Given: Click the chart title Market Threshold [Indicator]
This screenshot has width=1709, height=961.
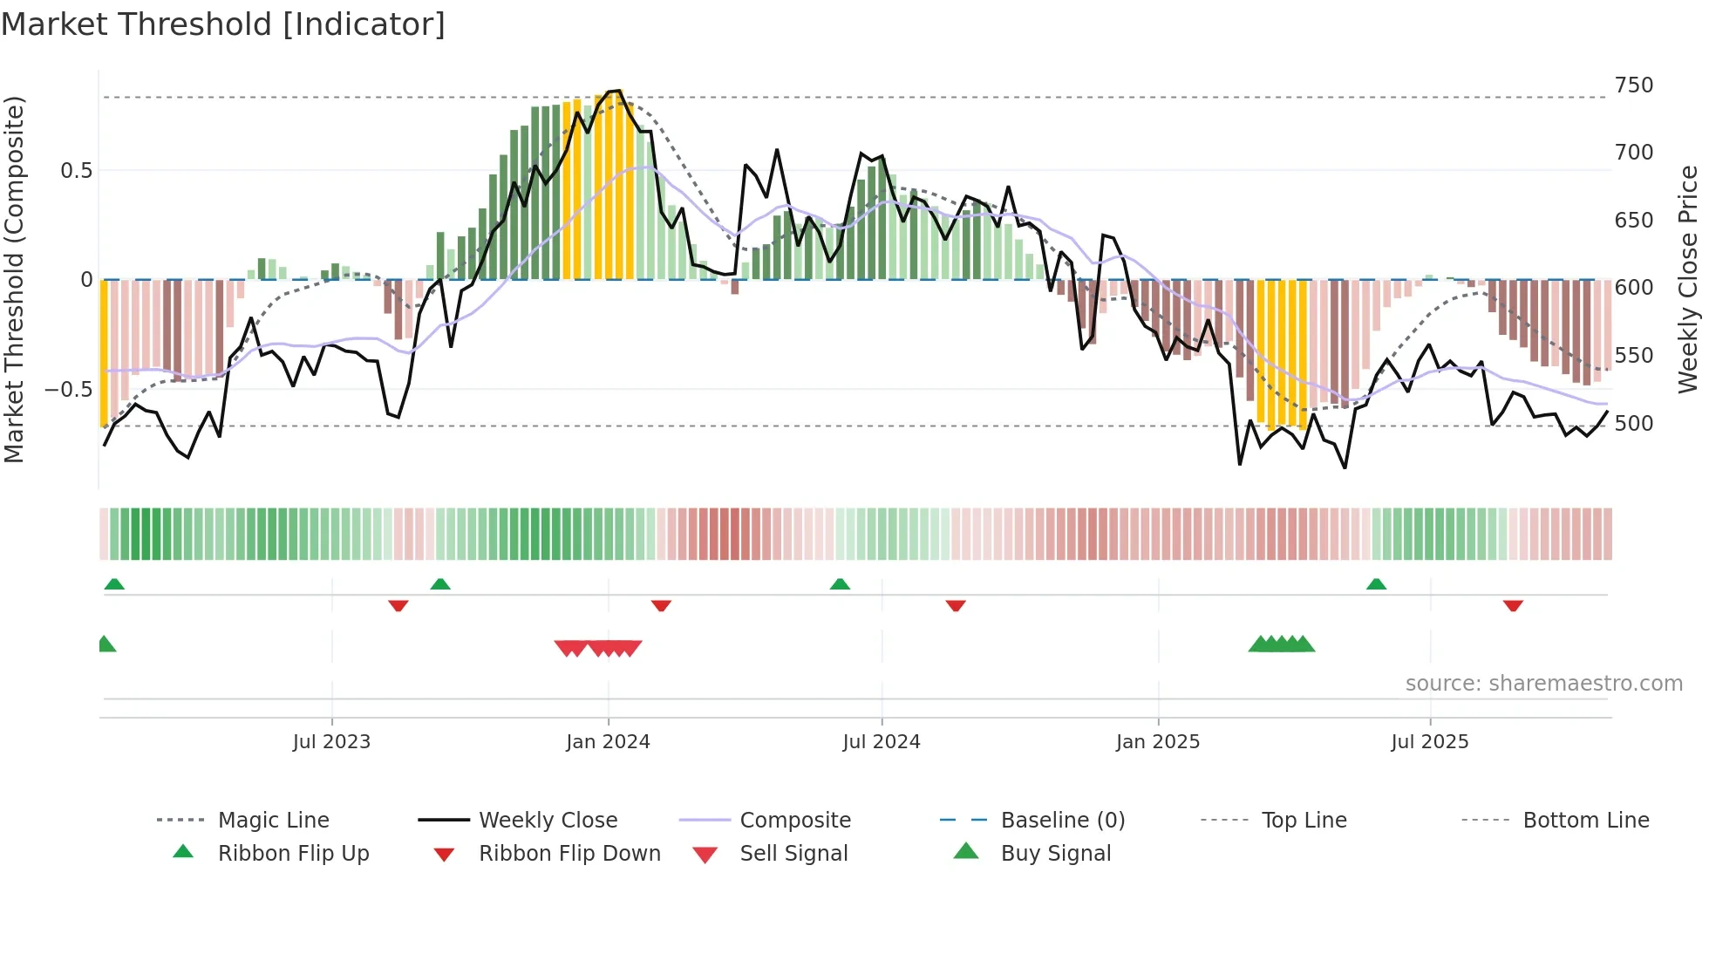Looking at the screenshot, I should [x=223, y=24].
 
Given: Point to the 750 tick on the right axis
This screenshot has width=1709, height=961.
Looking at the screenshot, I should [x=1633, y=85].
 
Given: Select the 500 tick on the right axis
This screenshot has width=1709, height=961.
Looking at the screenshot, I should [x=1633, y=424].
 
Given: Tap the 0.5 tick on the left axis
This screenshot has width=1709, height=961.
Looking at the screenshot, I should [x=76, y=171].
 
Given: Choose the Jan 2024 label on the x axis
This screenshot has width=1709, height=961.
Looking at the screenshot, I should [x=608, y=742].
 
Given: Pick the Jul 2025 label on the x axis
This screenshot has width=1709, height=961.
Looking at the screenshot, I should [x=1429, y=742].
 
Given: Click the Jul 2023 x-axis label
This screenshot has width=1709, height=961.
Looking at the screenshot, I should [x=331, y=742].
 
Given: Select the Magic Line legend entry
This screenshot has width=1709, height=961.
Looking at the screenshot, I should [x=273, y=821].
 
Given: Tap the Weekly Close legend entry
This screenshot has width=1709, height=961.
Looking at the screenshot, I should [x=548, y=821].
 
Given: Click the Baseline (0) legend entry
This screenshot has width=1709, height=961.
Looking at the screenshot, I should [x=1062, y=821].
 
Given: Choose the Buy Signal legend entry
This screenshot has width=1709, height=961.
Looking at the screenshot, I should [x=1055, y=854].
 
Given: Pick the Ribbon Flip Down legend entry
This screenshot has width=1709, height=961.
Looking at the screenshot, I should [x=569, y=854].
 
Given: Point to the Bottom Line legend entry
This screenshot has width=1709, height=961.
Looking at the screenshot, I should [x=1585, y=821].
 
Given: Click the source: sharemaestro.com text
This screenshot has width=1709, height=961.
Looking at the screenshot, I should [x=1543, y=684].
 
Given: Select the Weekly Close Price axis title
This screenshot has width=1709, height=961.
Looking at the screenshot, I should [x=1688, y=279].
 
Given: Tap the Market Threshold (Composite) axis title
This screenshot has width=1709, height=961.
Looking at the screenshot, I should [x=14, y=279].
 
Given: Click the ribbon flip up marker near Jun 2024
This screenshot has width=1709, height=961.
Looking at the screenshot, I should [x=840, y=584].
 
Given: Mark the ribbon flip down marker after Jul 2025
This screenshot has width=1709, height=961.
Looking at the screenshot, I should [x=1513, y=605].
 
